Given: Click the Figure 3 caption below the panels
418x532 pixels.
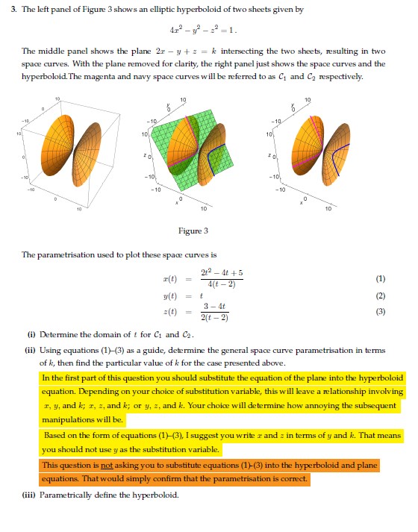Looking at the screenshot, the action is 208,231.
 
